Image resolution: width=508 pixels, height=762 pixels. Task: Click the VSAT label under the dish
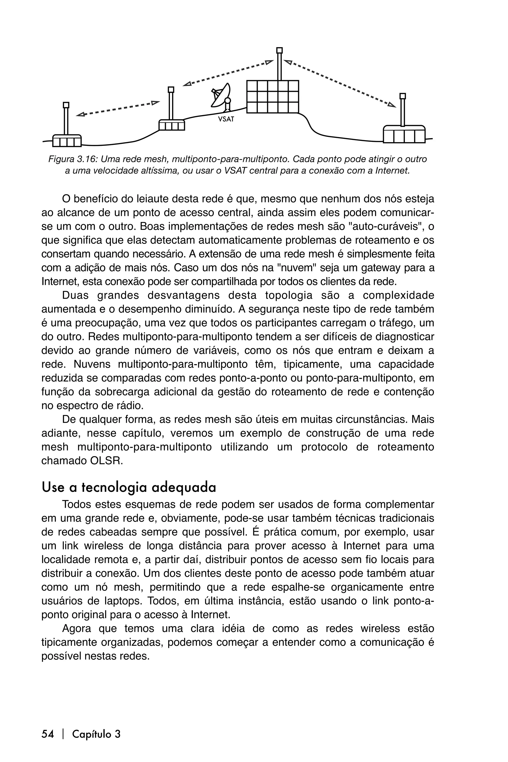click(226, 119)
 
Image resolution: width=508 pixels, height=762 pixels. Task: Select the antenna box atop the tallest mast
click(279, 50)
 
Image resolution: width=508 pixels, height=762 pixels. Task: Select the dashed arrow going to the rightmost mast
click(340, 83)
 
